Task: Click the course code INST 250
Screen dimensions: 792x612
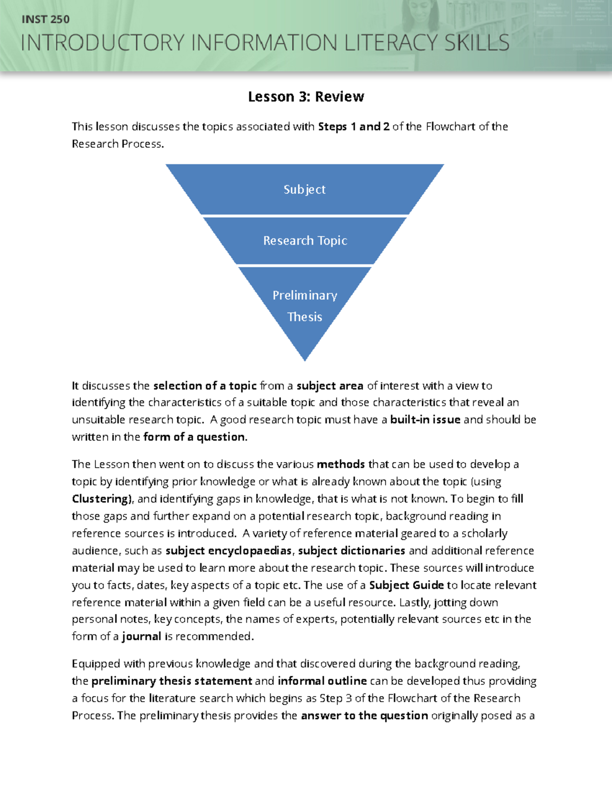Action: (45, 19)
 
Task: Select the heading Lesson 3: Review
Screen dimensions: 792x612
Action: (306, 96)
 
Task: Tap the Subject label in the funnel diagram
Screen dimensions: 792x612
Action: (304, 189)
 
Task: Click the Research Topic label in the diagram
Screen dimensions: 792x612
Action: (305, 240)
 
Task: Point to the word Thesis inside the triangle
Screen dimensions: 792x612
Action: (305, 317)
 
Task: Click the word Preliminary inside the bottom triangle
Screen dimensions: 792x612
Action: (305, 295)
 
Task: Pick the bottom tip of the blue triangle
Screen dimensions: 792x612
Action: (305, 359)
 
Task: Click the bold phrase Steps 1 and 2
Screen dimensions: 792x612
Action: (354, 126)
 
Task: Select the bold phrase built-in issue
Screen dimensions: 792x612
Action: (425, 420)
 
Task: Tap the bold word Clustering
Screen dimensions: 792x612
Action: (101, 499)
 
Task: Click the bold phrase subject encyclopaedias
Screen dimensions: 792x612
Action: (228, 551)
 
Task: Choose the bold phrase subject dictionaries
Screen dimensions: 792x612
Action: (351, 551)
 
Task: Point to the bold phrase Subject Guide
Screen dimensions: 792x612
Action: (406, 585)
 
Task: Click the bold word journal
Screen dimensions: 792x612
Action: (141, 636)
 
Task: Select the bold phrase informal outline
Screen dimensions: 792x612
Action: (322, 681)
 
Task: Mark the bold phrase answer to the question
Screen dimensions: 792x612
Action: (364, 716)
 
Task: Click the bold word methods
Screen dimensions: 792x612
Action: (341, 464)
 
